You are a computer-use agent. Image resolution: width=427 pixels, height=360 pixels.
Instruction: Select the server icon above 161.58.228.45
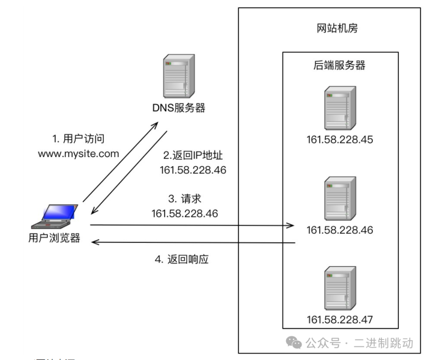click(340, 109)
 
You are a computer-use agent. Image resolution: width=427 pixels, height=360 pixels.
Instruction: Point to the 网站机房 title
click(337, 28)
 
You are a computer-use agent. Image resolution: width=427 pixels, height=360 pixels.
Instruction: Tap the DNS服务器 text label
click(179, 108)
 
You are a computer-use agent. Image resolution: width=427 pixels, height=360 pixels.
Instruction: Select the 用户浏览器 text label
click(55, 238)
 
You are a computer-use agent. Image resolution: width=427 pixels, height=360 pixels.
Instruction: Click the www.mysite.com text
click(78, 153)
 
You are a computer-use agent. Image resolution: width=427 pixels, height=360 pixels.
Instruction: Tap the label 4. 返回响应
click(181, 260)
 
